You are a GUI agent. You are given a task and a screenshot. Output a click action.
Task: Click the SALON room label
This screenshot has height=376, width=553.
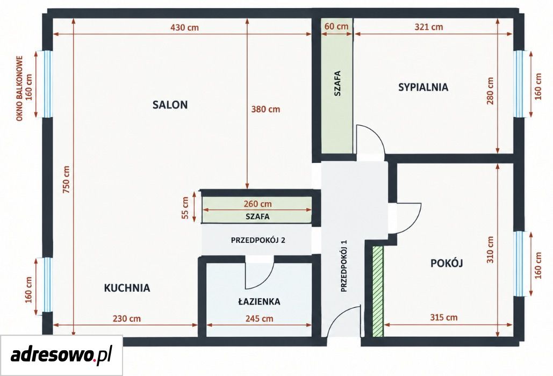(x=170, y=105)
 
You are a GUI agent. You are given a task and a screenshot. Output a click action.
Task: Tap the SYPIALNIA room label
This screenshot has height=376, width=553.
(x=423, y=87)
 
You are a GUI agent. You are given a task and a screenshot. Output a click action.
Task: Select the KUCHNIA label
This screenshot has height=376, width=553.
(x=127, y=288)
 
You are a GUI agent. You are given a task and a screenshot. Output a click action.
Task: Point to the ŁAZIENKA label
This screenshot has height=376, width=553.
(x=259, y=301)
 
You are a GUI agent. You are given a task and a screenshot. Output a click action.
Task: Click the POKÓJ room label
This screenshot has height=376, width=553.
(x=447, y=263)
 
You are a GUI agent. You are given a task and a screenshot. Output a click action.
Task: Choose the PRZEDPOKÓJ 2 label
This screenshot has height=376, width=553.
(x=258, y=240)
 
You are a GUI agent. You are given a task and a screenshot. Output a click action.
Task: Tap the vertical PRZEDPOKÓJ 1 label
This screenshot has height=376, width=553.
(x=344, y=266)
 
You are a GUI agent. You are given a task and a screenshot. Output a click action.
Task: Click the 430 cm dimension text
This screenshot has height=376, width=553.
(x=184, y=27)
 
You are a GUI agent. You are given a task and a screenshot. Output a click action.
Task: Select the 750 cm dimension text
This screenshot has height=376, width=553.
(x=67, y=179)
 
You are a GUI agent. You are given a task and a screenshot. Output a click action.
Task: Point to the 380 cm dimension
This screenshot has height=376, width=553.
(x=265, y=109)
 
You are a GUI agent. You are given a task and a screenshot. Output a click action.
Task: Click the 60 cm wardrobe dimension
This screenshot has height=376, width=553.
(x=336, y=26)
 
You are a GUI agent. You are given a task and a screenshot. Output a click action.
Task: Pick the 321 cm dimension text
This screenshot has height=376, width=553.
(x=429, y=27)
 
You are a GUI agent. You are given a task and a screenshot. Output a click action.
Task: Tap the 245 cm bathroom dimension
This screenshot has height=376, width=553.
(x=259, y=319)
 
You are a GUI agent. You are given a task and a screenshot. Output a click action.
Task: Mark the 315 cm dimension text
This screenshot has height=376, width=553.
(x=444, y=317)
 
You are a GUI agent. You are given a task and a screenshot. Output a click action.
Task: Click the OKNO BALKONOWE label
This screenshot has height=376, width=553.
(x=19, y=88)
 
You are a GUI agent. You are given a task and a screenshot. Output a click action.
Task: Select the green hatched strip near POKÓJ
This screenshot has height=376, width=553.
(x=378, y=291)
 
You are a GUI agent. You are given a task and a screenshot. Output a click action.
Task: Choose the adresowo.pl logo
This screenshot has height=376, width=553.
(x=61, y=355)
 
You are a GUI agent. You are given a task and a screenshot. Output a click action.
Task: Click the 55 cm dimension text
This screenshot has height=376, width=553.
(x=185, y=207)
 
